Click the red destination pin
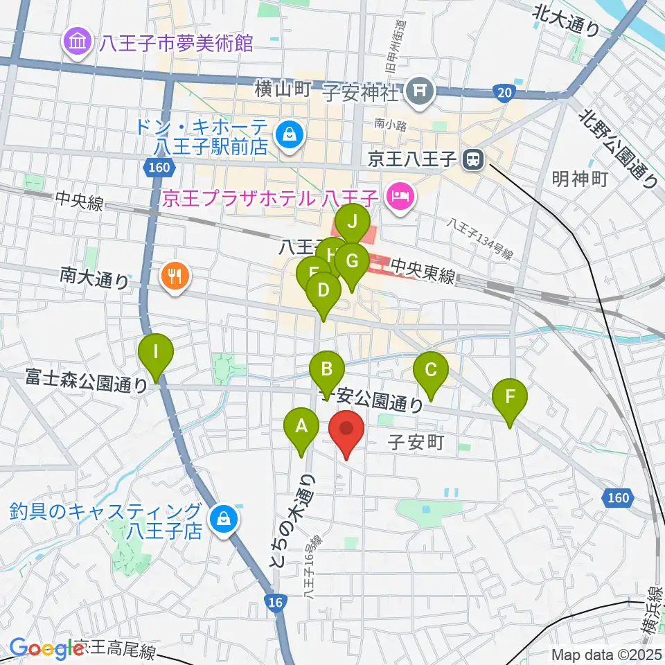point(346,433)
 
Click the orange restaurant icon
point(171,277)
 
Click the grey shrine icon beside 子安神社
point(420,91)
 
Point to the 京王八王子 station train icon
point(474,160)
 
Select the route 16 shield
point(276,603)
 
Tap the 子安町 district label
point(415,441)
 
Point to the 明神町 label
point(580,179)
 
